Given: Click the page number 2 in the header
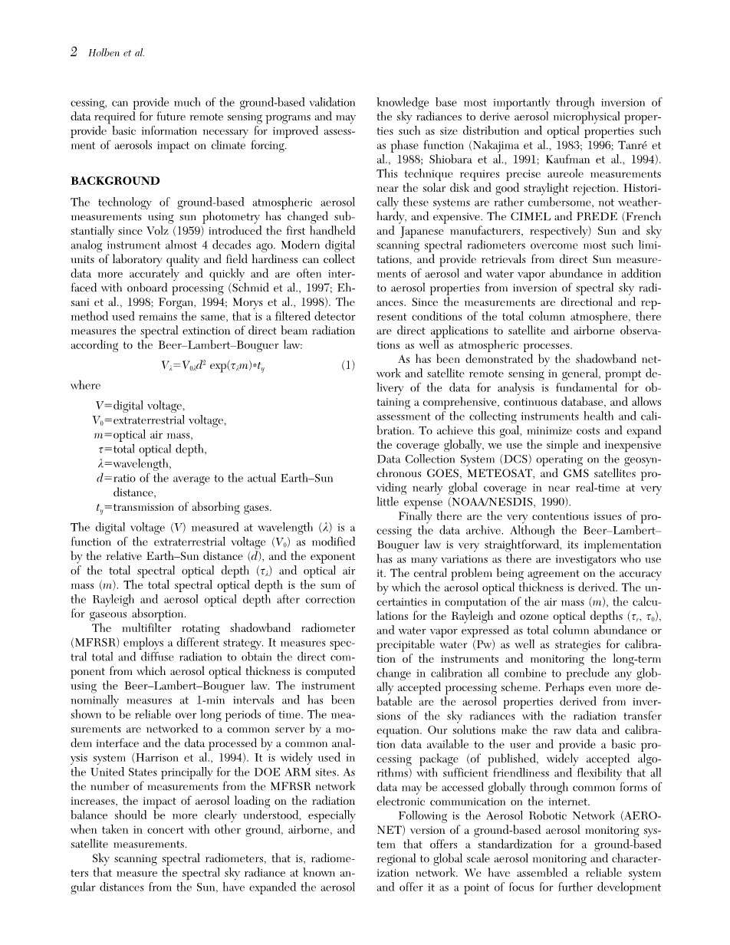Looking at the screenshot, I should [x=74, y=52].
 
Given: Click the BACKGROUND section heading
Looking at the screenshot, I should [x=115, y=182].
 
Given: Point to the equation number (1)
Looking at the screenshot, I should [x=347, y=365].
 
